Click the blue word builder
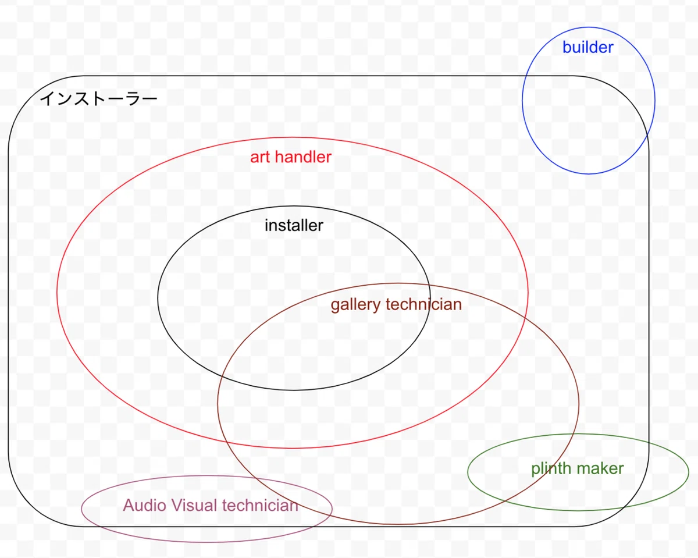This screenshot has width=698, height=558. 587,47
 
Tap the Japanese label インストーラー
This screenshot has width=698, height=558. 98,98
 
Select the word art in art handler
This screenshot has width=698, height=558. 260,157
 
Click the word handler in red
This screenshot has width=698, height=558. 303,157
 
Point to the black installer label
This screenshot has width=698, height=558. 294,225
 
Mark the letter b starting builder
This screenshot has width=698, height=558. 567,47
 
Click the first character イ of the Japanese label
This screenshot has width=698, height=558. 47,98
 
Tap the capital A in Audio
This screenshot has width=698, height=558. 129,506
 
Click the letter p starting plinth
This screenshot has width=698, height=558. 535,470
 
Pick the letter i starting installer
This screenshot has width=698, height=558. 266,225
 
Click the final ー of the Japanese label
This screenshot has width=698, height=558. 150,98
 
